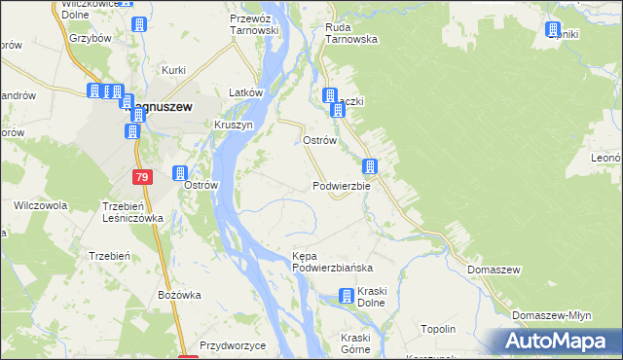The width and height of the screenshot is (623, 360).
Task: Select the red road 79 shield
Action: [x=143, y=176]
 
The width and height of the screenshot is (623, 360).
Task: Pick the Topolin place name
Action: [x=438, y=330]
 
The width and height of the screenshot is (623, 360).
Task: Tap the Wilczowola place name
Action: [x=40, y=206]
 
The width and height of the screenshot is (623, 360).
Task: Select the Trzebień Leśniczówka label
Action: [x=132, y=212]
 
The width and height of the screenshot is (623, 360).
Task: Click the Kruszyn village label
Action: [x=234, y=126]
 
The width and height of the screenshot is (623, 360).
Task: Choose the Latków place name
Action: [x=246, y=92]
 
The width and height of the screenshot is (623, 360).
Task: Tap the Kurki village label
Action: [x=174, y=70]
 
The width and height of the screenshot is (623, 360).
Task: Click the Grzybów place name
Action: [x=89, y=40]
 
